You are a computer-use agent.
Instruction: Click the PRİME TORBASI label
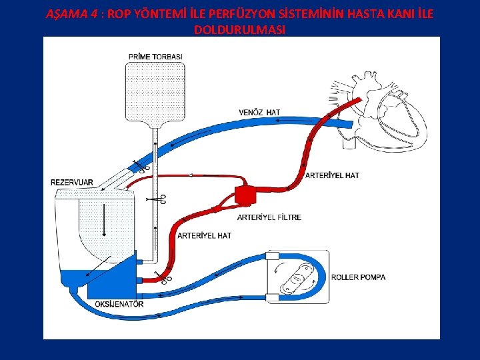tap(155, 56)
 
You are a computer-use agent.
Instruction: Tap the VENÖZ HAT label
tap(259, 112)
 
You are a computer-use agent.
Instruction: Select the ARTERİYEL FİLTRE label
tap(269, 217)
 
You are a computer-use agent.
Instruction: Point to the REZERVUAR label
tap(72, 181)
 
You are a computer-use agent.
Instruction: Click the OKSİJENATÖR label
tap(120, 305)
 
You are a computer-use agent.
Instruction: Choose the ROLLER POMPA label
tap(358, 277)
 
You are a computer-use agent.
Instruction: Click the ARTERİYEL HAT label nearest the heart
tap(332, 175)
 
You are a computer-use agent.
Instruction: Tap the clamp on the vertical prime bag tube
tap(159, 199)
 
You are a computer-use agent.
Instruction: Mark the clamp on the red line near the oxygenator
tap(163, 277)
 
